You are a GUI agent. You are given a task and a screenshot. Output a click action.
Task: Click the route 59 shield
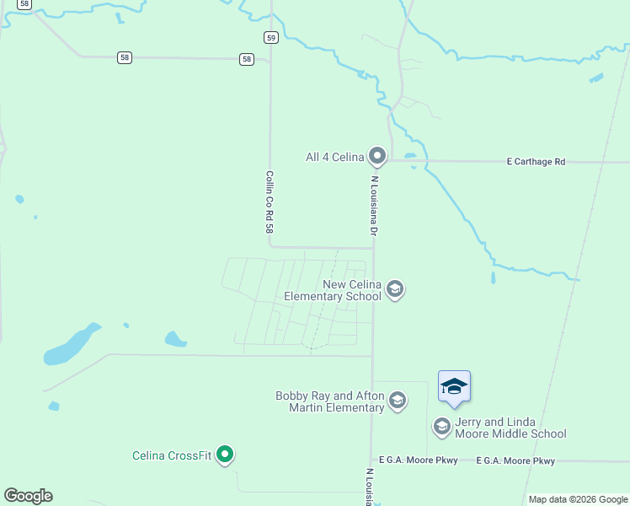[270, 37]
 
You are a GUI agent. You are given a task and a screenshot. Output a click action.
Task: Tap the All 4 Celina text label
[334, 157]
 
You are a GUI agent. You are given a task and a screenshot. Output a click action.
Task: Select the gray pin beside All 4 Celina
[377, 155]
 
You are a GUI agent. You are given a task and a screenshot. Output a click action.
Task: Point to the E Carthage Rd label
[536, 161]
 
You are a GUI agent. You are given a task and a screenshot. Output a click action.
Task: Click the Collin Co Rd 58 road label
[270, 202]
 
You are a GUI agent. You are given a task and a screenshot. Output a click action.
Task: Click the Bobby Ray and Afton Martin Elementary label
[329, 401]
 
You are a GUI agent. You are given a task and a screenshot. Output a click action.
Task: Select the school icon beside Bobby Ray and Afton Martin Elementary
[398, 401]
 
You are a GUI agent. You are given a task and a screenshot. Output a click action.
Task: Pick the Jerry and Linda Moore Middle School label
[510, 428]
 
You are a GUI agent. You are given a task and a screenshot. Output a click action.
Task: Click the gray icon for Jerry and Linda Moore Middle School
[442, 427]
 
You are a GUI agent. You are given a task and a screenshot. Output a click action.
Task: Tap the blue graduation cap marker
[454, 388]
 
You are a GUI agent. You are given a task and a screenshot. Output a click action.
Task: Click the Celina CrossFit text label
[171, 456]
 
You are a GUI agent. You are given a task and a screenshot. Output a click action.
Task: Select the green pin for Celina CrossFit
[225, 455]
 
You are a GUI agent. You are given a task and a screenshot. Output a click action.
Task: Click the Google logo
[29, 496]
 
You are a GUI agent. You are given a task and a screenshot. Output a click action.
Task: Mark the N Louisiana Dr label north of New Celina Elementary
[372, 205]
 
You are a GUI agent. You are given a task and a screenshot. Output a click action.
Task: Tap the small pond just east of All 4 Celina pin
[410, 156]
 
